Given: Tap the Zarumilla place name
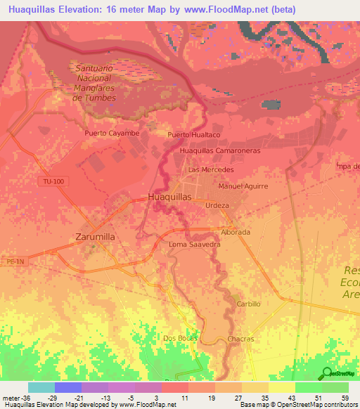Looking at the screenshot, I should pyautogui.click(x=94, y=237).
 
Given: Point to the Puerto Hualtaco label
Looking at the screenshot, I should pyautogui.click(x=193, y=134).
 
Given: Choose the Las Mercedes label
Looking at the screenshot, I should pyautogui.click(x=211, y=170).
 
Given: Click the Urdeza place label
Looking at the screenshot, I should pyautogui.click(x=217, y=205).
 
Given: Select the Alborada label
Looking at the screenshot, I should pyautogui.click(x=236, y=232).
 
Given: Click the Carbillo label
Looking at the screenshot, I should pyautogui.click(x=248, y=304).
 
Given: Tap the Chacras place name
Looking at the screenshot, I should pyautogui.click(x=240, y=339).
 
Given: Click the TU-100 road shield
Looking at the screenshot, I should pyautogui.click(x=52, y=181).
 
